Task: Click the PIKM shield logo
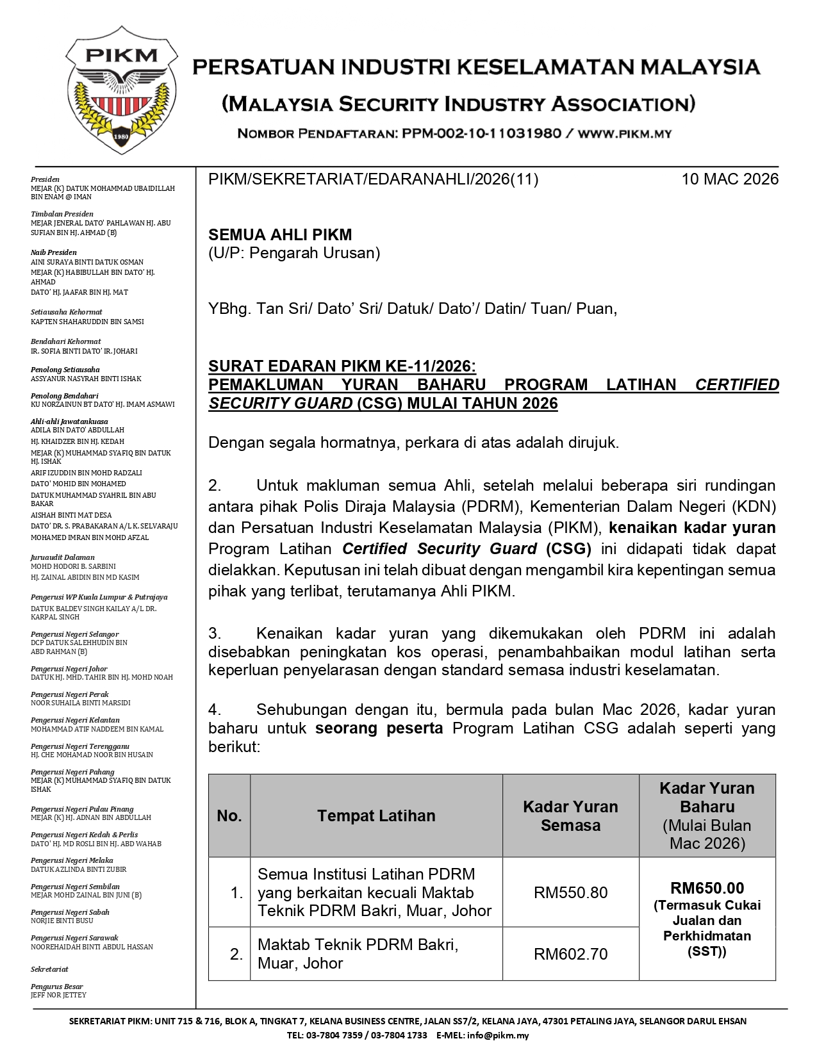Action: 121,90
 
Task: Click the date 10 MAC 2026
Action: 730,179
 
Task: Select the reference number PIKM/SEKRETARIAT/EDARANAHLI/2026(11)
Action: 373,179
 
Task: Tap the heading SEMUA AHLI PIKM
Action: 280,234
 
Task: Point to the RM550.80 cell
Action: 570,892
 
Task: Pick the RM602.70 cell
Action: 570,954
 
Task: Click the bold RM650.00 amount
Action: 707,889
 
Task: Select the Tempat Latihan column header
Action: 376,815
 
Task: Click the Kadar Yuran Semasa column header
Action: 570,815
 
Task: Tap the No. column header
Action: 229,815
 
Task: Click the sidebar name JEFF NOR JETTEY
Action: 58,995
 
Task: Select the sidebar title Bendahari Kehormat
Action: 66,341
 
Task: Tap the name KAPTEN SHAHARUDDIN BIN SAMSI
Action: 87,322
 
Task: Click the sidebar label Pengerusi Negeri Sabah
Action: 70,912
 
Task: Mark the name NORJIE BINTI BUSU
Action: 62,921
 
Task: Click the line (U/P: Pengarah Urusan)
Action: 294,253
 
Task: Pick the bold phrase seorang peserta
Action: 379,728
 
